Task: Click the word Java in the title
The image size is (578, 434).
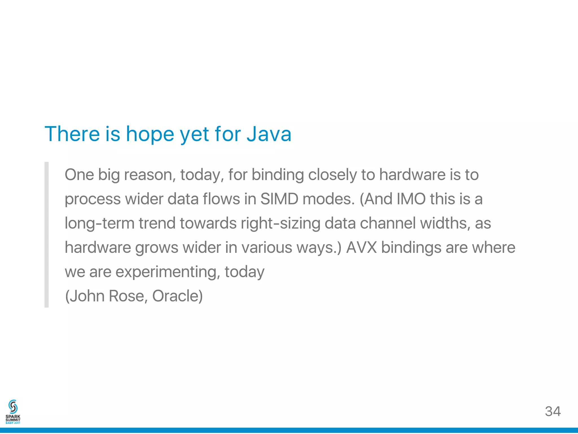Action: click(269, 134)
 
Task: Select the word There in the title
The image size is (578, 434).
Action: click(72, 134)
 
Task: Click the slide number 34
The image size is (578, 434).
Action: click(553, 411)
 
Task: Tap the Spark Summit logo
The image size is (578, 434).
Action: click(13, 412)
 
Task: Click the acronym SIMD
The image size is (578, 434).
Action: click(279, 199)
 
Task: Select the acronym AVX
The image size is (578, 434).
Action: click(362, 247)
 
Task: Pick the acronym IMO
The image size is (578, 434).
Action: click(411, 199)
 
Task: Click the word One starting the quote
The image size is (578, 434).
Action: click(79, 175)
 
